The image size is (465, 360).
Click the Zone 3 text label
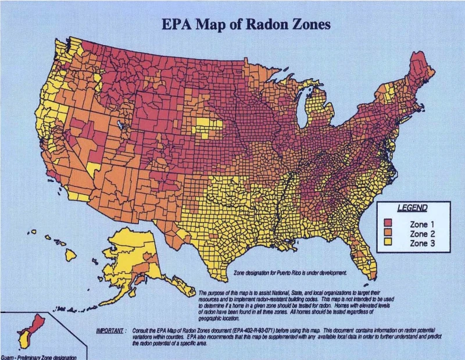coord(422,243)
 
